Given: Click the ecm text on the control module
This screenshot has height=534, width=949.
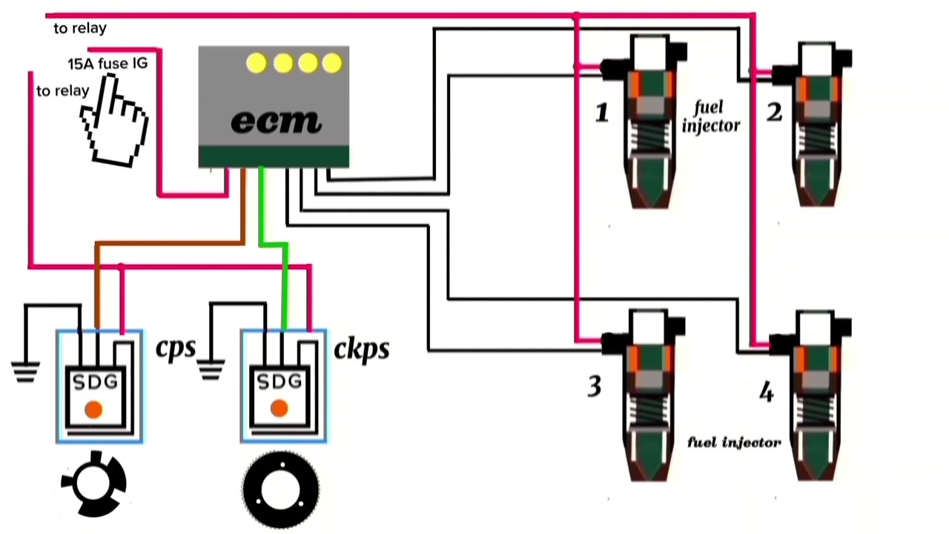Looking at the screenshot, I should click(276, 121).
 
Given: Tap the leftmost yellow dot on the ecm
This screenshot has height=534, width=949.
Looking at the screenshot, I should click(257, 64).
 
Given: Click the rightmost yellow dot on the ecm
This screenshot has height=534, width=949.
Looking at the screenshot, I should click(332, 64).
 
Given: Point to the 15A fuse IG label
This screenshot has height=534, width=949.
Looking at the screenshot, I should click(108, 64).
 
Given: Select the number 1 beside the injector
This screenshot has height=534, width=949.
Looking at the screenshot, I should click(601, 113).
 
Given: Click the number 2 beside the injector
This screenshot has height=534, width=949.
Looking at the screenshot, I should click(774, 113).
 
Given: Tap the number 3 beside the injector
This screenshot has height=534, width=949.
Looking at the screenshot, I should click(595, 386).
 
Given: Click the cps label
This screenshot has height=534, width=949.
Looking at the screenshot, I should click(176, 348).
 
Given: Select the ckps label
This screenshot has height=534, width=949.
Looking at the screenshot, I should click(361, 349).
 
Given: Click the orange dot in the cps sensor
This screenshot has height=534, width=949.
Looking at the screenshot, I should click(93, 409).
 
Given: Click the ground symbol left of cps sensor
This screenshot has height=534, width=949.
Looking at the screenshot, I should click(25, 371).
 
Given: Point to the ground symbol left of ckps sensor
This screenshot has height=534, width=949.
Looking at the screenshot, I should click(211, 369).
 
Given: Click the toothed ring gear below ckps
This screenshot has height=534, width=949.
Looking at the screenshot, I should click(281, 490).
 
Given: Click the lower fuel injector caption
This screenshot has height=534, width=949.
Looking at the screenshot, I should click(734, 443).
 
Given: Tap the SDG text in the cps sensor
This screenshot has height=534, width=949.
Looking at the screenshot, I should click(95, 383).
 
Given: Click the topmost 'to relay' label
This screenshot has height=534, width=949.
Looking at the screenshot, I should click(80, 29).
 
